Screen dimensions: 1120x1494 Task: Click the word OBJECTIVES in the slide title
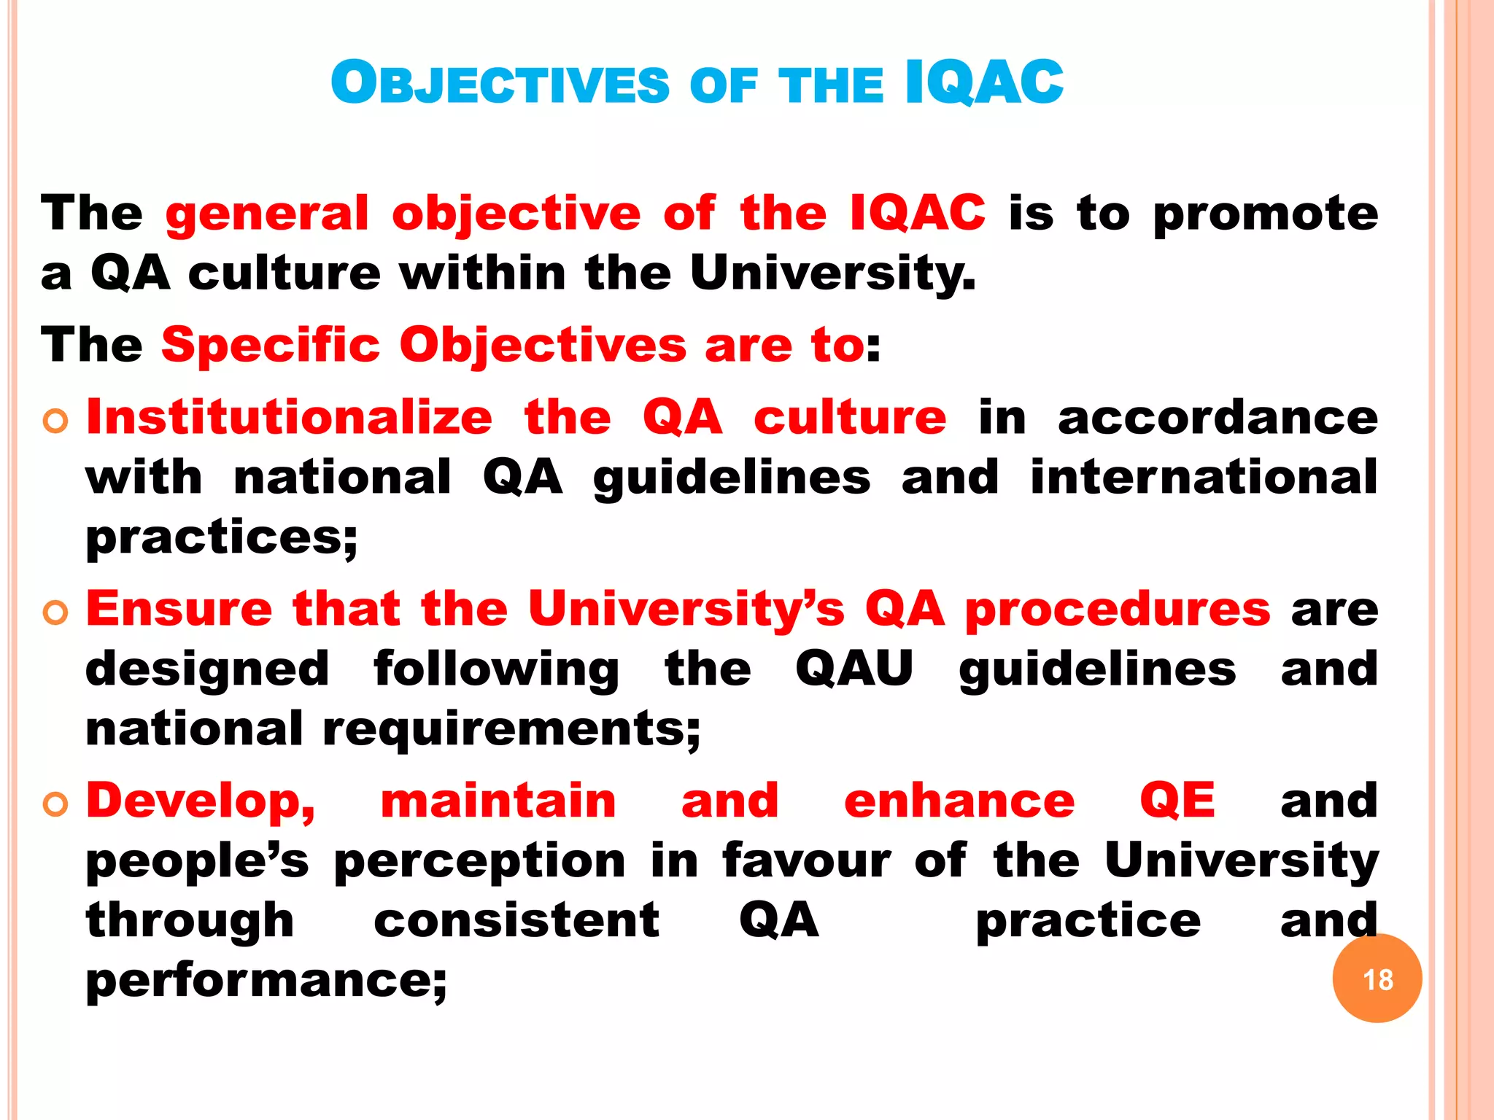pos(500,83)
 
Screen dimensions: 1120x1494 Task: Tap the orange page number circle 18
pos(1377,979)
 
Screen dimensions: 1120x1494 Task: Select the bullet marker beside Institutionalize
pos(55,421)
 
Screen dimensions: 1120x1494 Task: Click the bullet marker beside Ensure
pos(55,612)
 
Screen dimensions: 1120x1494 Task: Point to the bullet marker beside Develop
pos(55,804)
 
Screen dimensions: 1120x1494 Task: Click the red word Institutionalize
pos(290,418)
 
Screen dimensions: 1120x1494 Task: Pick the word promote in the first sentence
pos(1266,214)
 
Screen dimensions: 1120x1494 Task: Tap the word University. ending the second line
pos(832,274)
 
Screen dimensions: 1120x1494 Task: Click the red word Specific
pos(271,344)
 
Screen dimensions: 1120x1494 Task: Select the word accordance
pos(1218,418)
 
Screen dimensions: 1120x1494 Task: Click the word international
pos(1204,478)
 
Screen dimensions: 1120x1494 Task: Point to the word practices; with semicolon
pos(222,538)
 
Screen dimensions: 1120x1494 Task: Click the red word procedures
pos(1118,610)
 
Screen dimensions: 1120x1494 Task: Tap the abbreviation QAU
pos(854,669)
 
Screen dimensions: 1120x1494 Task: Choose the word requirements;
pos(511,728)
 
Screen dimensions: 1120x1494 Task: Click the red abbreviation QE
pos(1177,801)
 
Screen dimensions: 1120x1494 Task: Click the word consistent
pos(516,920)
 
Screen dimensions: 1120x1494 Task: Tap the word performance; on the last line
pos(266,981)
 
